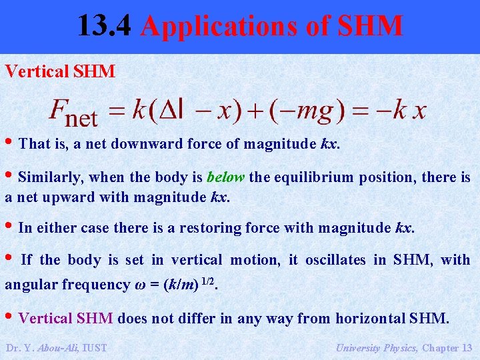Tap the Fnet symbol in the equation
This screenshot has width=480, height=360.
(x=73, y=113)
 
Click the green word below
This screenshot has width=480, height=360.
(x=226, y=177)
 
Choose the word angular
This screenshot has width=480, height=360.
(x=31, y=285)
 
